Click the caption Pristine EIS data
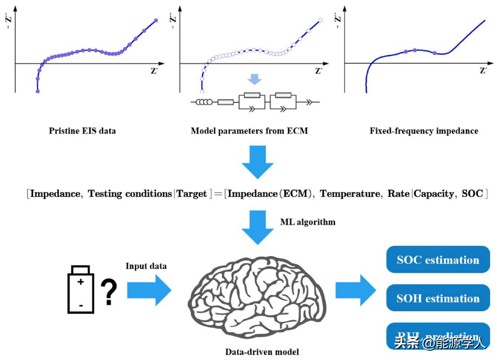(82, 131)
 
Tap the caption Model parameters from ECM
(249, 131)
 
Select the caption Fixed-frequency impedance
(424, 131)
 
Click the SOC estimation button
(438, 259)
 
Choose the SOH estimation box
(438, 298)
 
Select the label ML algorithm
(308, 222)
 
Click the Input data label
(146, 266)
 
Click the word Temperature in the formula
(350, 194)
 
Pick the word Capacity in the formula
(434, 194)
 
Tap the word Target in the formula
(191, 194)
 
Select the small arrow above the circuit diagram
(255, 79)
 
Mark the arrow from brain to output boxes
(355, 290)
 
